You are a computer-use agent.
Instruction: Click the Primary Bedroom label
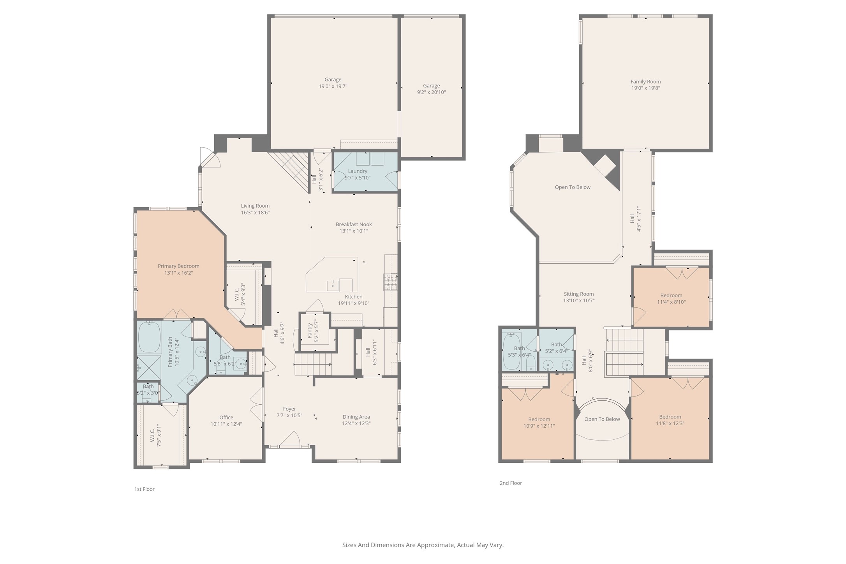pos(178,266)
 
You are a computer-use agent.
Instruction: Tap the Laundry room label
pos(358,171)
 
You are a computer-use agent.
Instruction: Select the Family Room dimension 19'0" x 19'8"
pos(645,88)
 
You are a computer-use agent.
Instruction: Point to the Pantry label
pos(310,331)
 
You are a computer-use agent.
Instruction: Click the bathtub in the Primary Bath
pos(150,337)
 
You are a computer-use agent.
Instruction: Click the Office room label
pos(226,417)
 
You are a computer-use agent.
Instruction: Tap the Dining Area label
pos(356,417)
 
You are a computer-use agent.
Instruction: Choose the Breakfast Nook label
pos(354,224)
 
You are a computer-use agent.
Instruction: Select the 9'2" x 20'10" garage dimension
pos(431,92)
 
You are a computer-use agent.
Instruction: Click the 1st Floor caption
pos(145,489)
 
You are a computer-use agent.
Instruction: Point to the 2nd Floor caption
pos(511,483)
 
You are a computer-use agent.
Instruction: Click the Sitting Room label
pos(579,294)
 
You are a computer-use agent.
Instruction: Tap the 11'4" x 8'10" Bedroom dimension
pos(671,302)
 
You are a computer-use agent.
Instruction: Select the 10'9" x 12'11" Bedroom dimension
pos(539,426)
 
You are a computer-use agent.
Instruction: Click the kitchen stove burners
pos(391,282)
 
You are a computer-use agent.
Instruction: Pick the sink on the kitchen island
pos(333,286)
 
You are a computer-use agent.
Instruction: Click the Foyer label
pos(289,409)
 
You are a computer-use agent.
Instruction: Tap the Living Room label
pos(255,206)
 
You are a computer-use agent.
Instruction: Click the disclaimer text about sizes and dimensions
pos(423,545)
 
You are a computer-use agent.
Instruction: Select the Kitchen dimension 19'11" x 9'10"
pos(354,303)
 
